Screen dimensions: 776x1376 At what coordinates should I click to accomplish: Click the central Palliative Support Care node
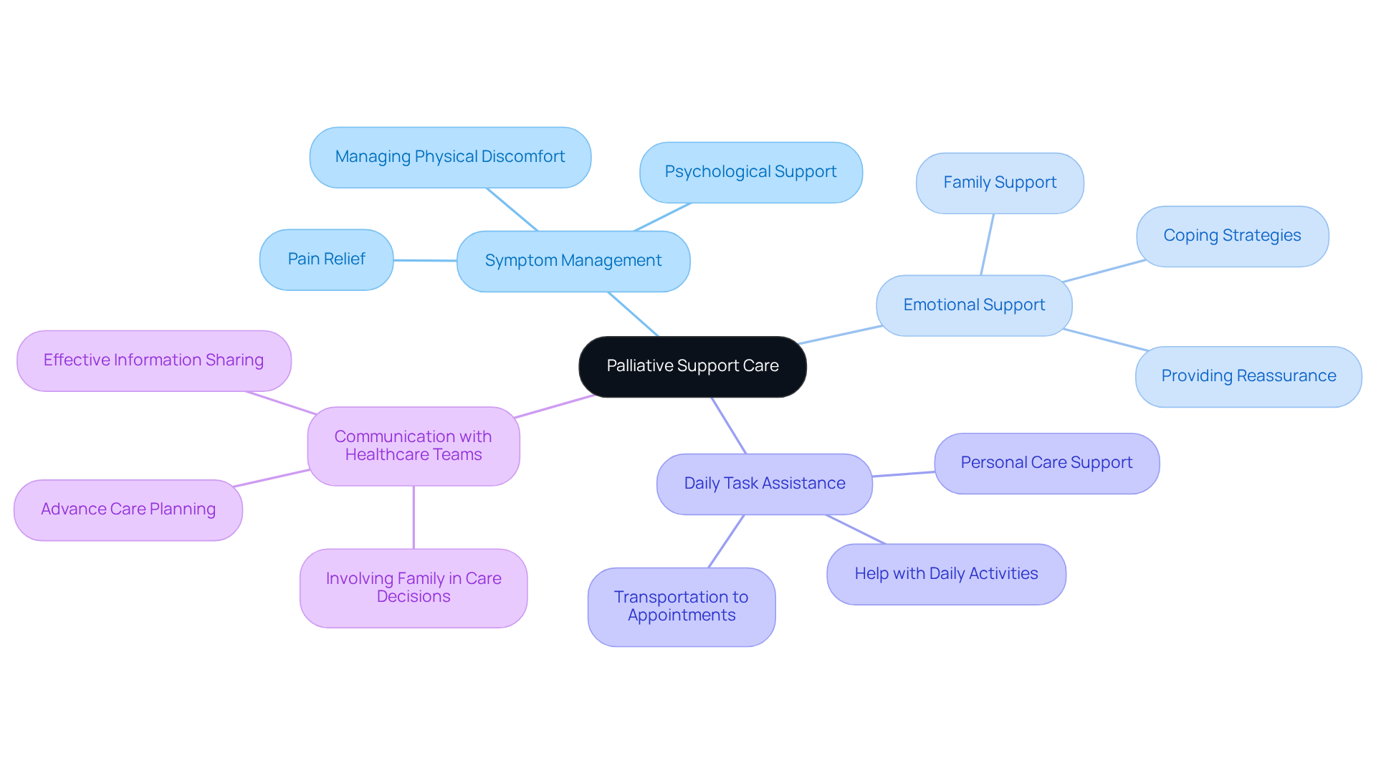(x=692, y=366)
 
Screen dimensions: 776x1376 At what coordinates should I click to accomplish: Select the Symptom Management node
(x=573, y=261)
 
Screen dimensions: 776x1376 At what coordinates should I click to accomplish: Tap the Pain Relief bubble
(x=326, y=259)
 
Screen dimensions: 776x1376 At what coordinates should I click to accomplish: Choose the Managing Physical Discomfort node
(x=450, y=157)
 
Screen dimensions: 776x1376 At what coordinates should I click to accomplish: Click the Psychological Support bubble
(x=750, y=172)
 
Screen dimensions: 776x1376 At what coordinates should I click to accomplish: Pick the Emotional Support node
(x=974, y=305)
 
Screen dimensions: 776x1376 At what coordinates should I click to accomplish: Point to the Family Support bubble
(x=1000, y=183)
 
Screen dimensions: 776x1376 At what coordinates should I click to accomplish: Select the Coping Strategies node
(x=1232, y=236)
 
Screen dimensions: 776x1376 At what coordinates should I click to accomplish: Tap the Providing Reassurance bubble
(x=1248, y=376)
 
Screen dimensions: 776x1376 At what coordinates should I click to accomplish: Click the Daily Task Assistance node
(x=764, y=484)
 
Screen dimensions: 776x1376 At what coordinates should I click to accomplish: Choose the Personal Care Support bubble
(x=1046, y=463)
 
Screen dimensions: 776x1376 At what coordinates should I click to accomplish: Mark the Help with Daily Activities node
(x=946, y=574)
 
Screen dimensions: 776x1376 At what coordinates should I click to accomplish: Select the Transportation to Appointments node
(x=681, y=606)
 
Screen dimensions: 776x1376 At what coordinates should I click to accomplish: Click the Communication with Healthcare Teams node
(x=413, y=446)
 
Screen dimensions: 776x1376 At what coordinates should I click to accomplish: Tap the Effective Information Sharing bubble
(x=153, y=360)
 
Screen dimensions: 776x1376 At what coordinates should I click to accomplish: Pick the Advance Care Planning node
(x=128, y=509)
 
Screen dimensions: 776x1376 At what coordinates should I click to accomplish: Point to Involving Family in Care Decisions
(x=414, y=588)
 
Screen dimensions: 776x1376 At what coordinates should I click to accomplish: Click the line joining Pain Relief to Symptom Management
(x=425, y=260)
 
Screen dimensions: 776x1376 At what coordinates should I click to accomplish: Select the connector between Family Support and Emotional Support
(x=988, y=244)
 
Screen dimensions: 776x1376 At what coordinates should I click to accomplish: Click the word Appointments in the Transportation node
(x=682, y=615)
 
